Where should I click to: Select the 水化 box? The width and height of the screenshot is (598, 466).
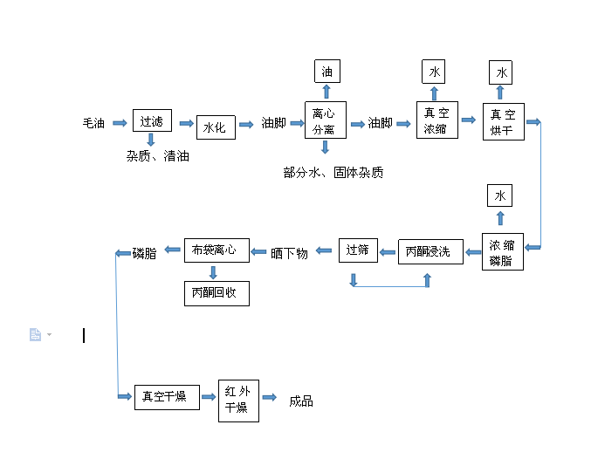pyautogui.click(x=216, y=127)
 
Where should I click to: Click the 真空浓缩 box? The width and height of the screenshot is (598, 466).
pyautogui.click(x=436, y=120)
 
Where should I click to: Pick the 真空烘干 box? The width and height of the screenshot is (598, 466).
pyautogui.click(x=503, y=121)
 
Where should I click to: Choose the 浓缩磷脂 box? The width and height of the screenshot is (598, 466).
pyautogui.click(x=502, y=251)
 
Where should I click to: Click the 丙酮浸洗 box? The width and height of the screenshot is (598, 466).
pyautogui.click(x=429, y=251)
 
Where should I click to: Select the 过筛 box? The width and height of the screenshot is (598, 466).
pyautogui.click(x=358, y=250)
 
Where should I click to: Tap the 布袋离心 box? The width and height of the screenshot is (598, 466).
pyautogui.click(x=216, y=250)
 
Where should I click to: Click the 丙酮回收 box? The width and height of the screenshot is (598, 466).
pyautogui.click(x=216, y=292)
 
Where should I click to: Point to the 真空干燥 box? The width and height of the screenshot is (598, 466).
pyautogui.click(x=166, y=396)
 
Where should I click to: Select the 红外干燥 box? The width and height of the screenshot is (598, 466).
pyautogui.click(x=238, y=400)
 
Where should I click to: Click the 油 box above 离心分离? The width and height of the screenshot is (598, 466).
pyautogui.click(x=326, y=72)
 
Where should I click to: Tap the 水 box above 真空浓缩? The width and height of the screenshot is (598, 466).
pyautogui.click(x=434, y=72)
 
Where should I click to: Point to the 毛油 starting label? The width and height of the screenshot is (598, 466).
pyautogui.click(x=94, y=124)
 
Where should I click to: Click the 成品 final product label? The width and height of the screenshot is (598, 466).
pyautogui.click(x=301, y=401)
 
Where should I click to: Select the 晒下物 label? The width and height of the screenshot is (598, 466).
pyautogui.click(x=289, y=253)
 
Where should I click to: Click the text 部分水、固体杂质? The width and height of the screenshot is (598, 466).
pyautogui.click(x=333, y=173)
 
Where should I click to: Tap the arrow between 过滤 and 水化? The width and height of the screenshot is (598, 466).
pyautogui.click(x=186, y=124)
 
